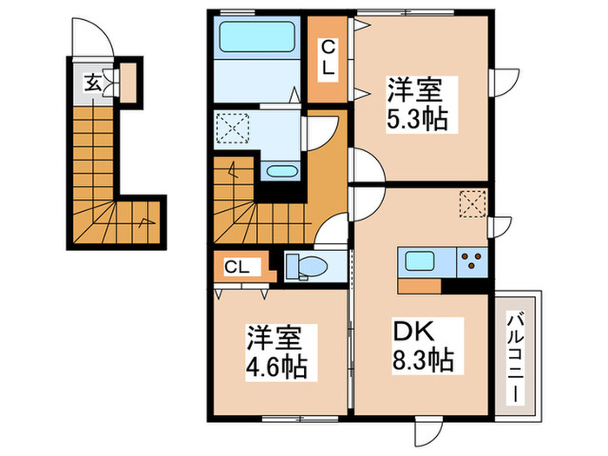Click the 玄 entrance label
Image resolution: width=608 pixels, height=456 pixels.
(x=90, y=83)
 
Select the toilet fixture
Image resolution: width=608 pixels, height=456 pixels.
(x=303, y=265)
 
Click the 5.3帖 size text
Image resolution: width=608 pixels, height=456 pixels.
(x=417, y=117)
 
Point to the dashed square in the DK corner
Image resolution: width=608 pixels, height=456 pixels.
(x=472, y=202)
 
